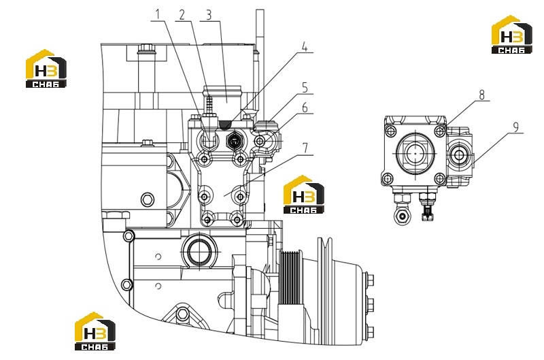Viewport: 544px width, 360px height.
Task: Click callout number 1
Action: click(158, 15)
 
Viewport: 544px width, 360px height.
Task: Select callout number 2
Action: click(182, 15)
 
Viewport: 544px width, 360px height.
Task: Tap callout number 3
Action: click(209, 15)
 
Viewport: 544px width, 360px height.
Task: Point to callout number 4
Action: click(304, 46)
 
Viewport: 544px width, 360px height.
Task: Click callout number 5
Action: click(305, 88)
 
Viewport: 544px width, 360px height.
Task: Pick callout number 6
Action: click(305, 108)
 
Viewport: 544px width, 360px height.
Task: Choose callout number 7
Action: click(305, 148)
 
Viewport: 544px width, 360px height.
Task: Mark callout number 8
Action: click(481, 95)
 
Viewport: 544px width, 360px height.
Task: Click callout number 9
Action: click(515, 127)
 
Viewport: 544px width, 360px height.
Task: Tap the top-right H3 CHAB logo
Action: click(512, 35)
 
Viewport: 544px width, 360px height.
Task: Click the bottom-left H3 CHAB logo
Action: click(95, 331)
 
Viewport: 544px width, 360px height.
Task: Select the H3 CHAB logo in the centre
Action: click(304, 194)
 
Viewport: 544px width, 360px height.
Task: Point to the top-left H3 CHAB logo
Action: click(46, 68)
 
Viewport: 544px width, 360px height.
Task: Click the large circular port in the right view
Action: click(415, 153)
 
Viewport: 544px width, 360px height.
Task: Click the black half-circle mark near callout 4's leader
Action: click(226, 124)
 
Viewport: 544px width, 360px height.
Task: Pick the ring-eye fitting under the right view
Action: click(403, 216)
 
